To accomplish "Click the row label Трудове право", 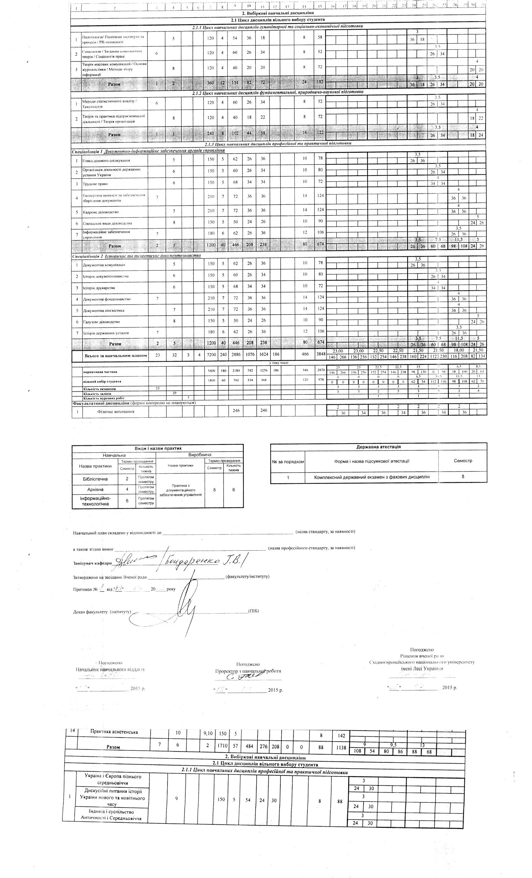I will [x=95, y=184].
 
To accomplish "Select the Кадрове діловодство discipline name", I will [x=101, y=212].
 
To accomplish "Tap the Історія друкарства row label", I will [x=99, y=288].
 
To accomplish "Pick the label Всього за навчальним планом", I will [x=115, y=356].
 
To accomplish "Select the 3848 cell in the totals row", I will [x=320, y=356].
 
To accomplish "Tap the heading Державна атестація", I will [x=378, y=447].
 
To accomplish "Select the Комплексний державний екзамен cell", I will [x=371, y=477].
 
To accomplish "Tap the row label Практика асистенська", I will [x=114, y=732].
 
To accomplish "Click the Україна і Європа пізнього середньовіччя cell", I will [x=113, y=780].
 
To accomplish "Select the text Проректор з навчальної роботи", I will [x=248, y=671].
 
